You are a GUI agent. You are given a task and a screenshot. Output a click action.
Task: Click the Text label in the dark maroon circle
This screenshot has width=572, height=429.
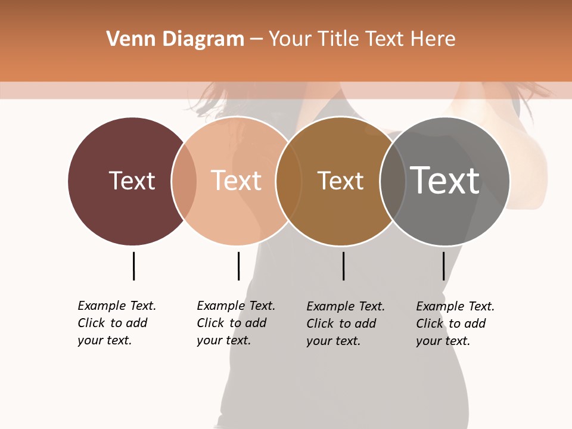pos(132,181)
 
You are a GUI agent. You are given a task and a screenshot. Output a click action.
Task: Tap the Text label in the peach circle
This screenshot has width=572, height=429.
pos(237,181)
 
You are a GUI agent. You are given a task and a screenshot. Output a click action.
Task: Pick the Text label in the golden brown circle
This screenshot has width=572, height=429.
pos(340,181)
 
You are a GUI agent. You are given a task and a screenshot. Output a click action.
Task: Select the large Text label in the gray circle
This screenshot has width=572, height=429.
pos(445,180)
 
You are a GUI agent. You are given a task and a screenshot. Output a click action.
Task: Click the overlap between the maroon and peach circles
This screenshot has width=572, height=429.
pos(184,181)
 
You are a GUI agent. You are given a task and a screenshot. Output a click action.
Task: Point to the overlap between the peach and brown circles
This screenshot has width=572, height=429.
pos(288,181)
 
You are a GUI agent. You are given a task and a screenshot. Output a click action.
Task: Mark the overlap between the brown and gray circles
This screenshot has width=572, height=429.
pos(392,181)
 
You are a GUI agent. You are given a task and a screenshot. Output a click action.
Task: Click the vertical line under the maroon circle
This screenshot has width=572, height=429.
pos(133,266)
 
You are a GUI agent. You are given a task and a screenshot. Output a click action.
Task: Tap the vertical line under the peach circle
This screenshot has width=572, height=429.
pos(238,266)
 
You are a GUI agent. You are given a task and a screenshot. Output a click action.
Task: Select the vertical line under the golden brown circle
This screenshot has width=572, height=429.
pos(343,266)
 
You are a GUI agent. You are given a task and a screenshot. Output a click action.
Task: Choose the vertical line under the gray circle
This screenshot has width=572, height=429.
pos(443,266)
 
